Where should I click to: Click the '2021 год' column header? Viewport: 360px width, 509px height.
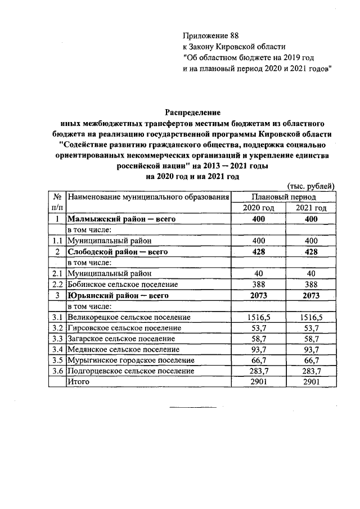(x=310, y=208)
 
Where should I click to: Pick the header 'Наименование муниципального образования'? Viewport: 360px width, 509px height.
(x=148, y=197)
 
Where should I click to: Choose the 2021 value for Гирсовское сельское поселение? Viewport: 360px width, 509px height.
(x=310, y=328)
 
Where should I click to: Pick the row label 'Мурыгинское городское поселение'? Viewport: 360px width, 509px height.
(x=130, y=360)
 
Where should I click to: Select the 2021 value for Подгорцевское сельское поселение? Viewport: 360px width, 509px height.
(x=310, y=371)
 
